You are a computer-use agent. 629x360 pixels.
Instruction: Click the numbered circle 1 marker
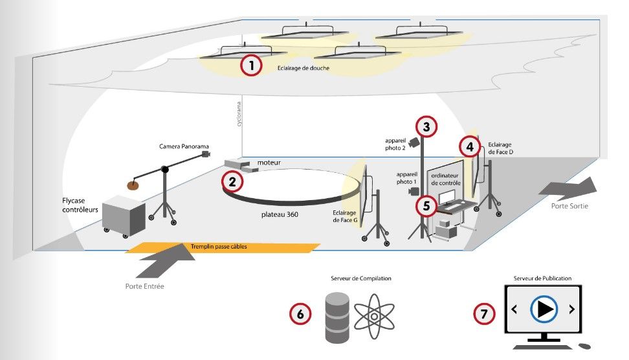click(x=251, y=65)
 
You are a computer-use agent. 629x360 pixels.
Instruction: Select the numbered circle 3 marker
click(x=426, y=127)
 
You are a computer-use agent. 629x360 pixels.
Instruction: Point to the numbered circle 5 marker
click(x=426, y=206)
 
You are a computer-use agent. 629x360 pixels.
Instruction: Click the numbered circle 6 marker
click(x=300, y=313)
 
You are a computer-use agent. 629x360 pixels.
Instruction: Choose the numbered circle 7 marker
click(x=483, y=314)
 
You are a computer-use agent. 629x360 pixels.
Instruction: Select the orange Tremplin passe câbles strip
click(x=223, y=247)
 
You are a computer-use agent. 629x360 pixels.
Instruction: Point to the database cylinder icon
click(x=337, y=317)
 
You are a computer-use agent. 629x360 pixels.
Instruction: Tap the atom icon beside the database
click(x=374, y=317)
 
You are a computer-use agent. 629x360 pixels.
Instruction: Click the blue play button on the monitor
click(x=543, y=309)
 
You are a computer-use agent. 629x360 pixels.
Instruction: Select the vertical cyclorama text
click(x=239, y=114)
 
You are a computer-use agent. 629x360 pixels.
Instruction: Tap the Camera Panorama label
click(x=184, y=147)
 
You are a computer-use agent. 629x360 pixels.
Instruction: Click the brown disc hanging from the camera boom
click(x=133, y=185)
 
